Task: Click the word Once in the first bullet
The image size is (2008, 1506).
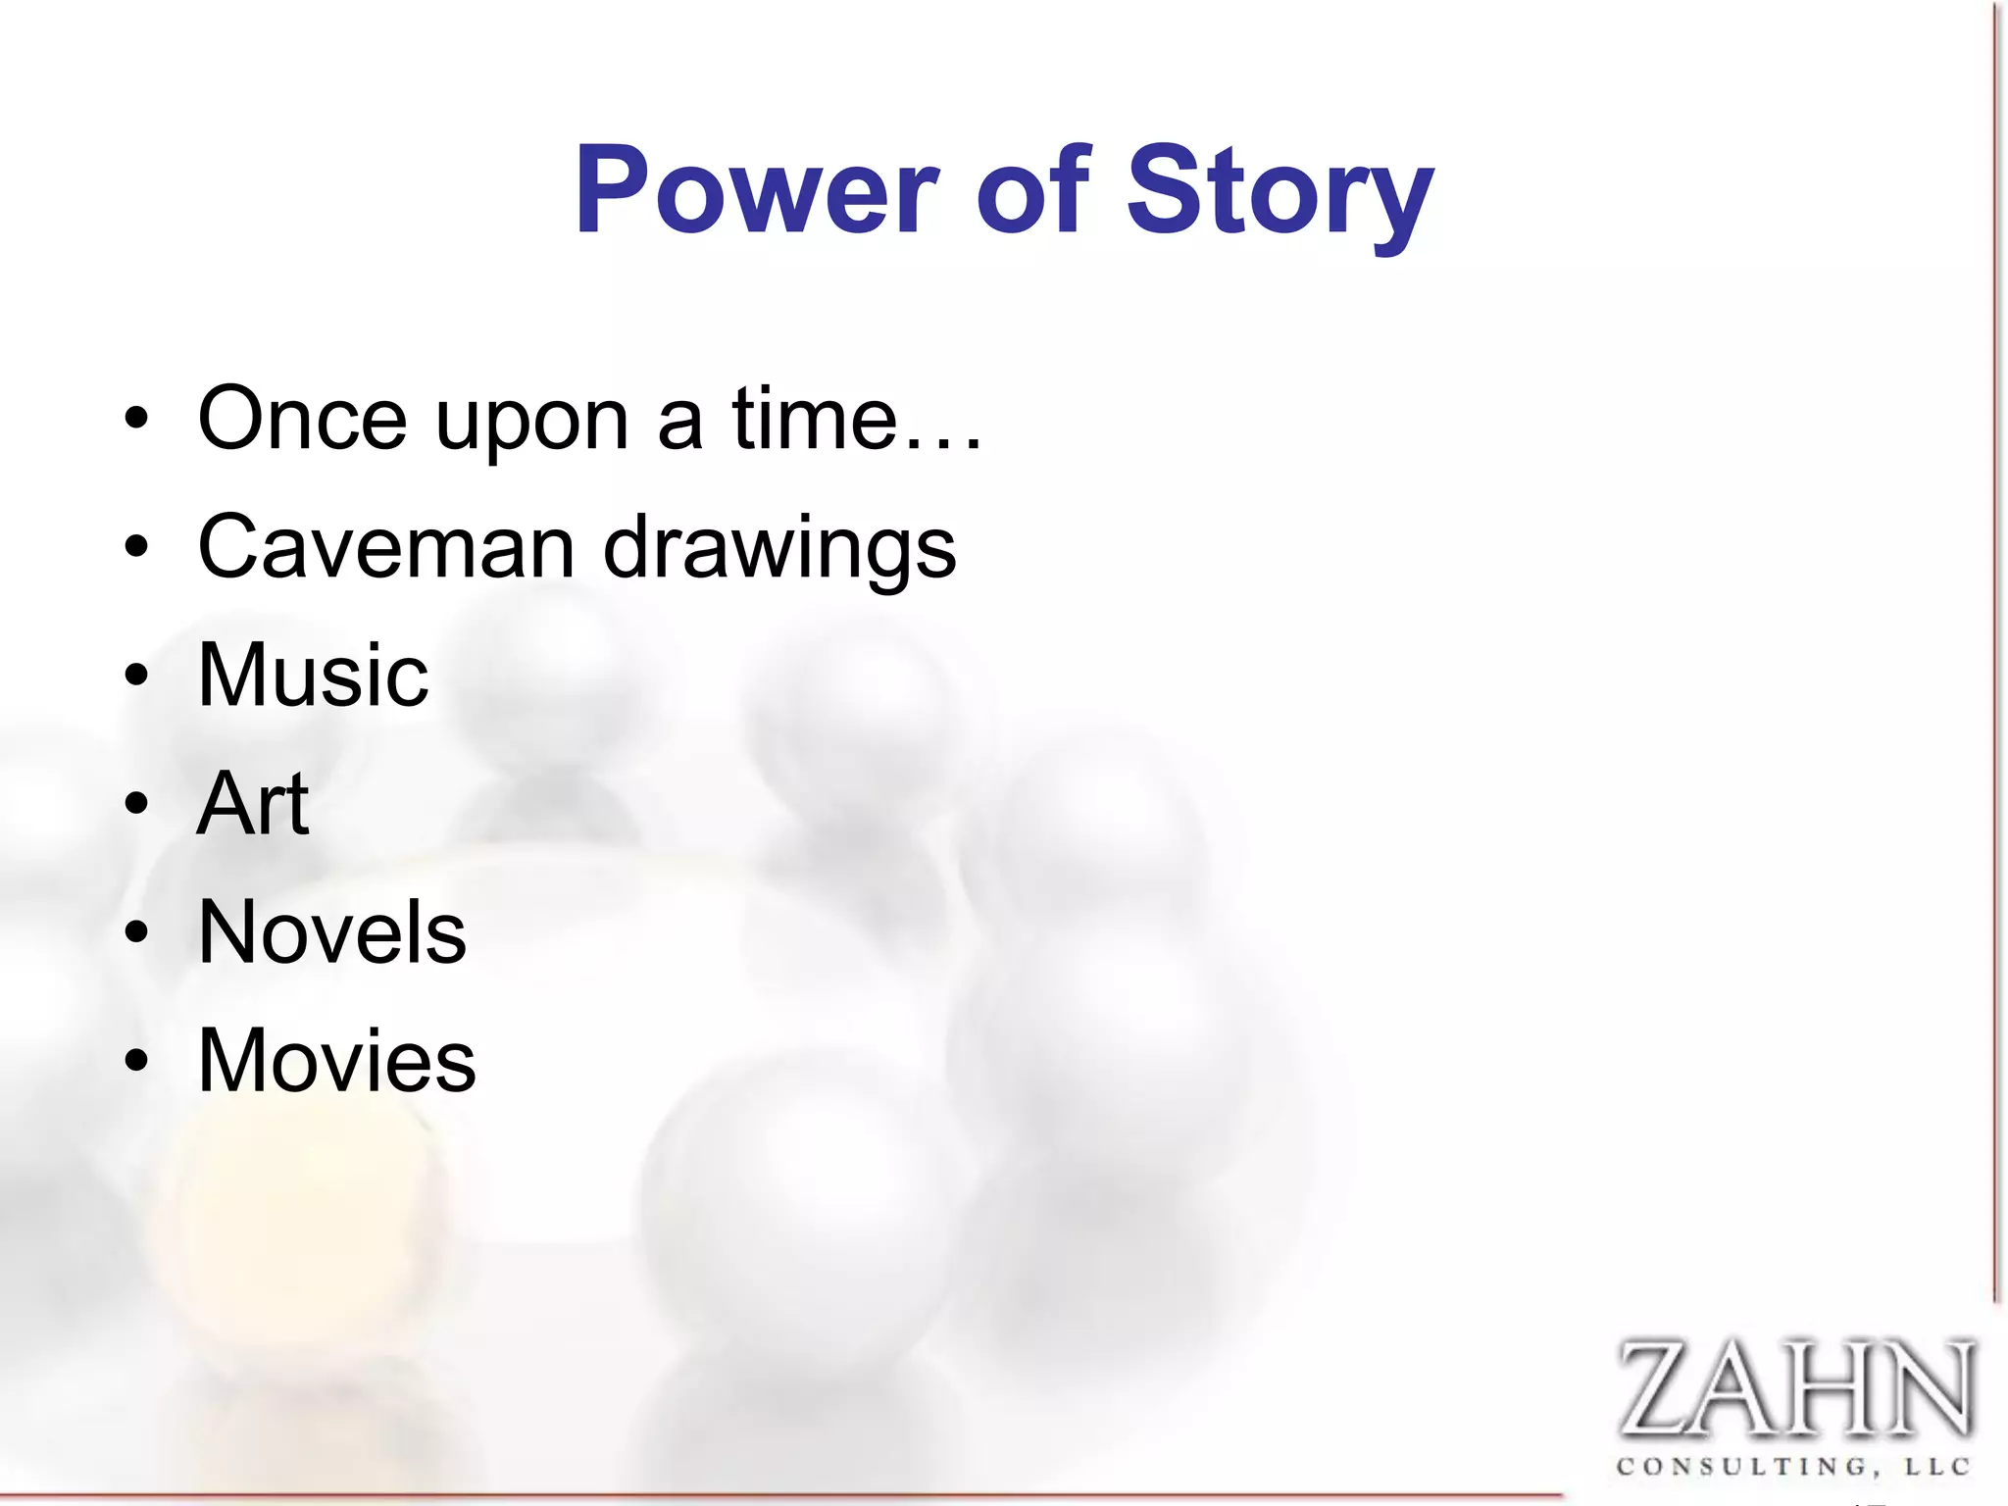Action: tap(302, 420)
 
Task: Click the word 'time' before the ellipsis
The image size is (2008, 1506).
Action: tap(814, 420)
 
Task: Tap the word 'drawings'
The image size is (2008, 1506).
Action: tap(779, 551)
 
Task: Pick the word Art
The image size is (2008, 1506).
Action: tap(253, 804)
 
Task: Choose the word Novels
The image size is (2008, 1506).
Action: tap(331, 932)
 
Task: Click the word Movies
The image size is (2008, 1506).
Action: tap(336, 1061)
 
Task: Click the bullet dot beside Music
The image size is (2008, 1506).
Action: tap(136, 676)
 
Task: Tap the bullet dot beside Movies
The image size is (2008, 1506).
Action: tap(136, 1061)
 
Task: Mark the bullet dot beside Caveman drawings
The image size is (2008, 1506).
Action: tap(136, 547)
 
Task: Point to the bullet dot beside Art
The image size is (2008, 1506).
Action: tap(136, 804)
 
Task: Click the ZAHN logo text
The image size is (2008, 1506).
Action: tap(1794, 1388)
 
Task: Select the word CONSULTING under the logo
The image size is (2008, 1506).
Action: tap(1744, 1468)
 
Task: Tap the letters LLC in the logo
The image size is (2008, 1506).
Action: tap(1937, 1468)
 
